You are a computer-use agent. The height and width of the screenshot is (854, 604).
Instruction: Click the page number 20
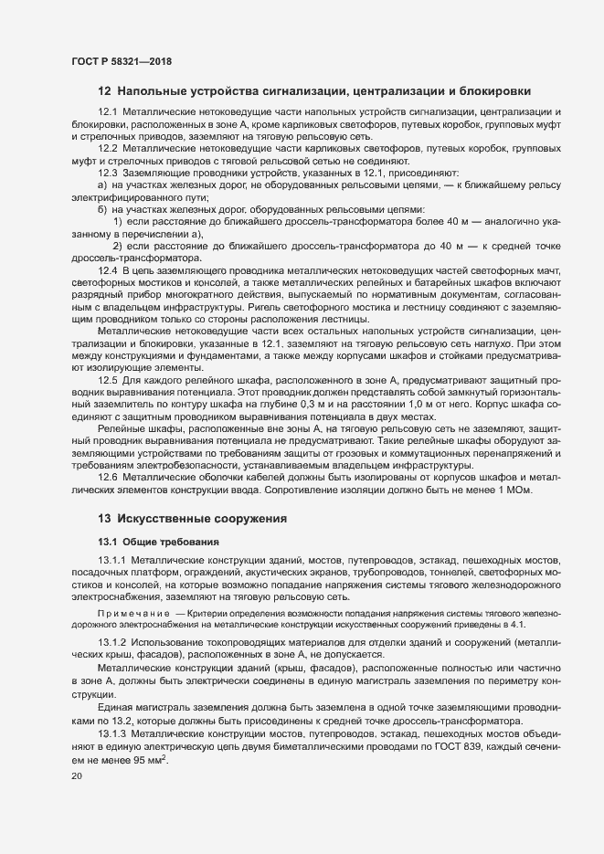coord(76,775)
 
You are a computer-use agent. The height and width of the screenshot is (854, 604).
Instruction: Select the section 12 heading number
coord(104,91)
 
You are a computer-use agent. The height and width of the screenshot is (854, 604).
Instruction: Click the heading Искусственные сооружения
coord(202,519)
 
